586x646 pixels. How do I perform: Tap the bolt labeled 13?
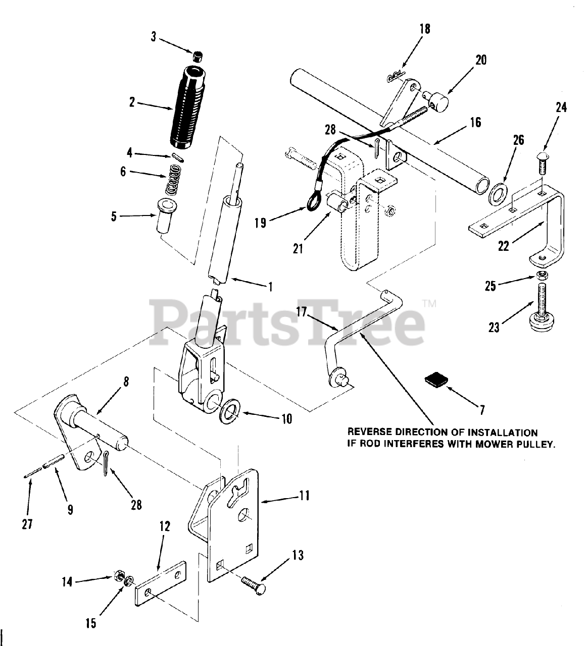coord(253,584)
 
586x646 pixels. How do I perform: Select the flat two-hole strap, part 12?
coord(161,583)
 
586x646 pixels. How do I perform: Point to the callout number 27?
coord(27,524)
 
